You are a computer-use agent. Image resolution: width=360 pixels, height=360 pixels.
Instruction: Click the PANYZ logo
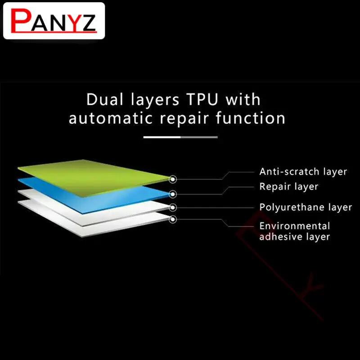pyautogui.click(x=54, y=21)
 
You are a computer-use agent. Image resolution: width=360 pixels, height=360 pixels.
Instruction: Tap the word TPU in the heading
pyautogui.click(x=202, y=99)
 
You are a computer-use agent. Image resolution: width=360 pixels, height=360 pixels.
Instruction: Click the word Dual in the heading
pyautogui.click(x=105, y=99)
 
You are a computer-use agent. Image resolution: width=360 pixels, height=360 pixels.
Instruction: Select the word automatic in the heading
pyautogui.click(x=110, y=118)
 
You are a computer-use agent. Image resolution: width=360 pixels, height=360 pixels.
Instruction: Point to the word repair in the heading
pyautogui.click(x=184, y=119)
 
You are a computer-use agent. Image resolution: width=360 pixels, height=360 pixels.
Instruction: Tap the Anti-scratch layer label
pyautogui.click(x=303, y=172)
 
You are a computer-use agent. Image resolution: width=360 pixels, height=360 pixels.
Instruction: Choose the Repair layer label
pyautogui.click(x=289, y=187)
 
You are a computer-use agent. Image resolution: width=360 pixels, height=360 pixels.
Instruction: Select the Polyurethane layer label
pyautogui.click(x=306, y=207)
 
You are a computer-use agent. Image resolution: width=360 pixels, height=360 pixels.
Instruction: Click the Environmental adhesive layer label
pyautogui.click(x=295, y=231)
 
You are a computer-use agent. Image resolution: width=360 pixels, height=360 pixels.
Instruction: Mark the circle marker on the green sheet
pyautogui.click(x=173, y=179)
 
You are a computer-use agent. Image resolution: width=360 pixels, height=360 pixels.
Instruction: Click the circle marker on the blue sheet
pyautogui.click(x=173, y=194)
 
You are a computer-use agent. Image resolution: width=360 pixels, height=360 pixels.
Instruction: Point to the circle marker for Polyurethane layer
pyautogui.click(x=173, y=207)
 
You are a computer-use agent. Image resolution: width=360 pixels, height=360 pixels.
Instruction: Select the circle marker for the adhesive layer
pyautogui.click(x=173, y=219)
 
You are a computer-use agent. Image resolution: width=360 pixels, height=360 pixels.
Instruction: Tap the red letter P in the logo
pyautogui.click(x=21, y=21)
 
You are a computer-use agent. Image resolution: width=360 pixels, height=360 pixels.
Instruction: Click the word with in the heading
pyautogui.click(x=243, y=99)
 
